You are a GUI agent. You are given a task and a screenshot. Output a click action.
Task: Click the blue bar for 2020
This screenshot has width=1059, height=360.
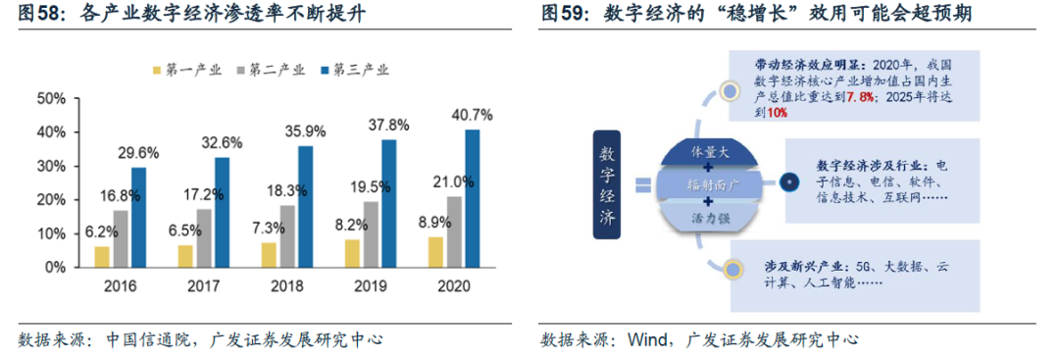(x=472, y=198)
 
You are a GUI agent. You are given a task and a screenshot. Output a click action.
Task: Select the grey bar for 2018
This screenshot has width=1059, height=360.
(x=286, y=235)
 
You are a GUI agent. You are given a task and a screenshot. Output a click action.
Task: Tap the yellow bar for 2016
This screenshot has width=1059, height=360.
(x=102, y=256)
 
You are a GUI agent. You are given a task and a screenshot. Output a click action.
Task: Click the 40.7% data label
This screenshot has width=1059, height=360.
(x=472, y=115)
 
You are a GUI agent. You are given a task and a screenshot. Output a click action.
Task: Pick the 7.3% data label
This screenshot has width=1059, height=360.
(x=266, y=227)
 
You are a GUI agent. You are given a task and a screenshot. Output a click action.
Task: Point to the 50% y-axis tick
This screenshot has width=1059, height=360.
(x=50, y=98)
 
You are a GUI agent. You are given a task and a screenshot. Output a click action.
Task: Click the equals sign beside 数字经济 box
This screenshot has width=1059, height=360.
(x=643, y=184)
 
